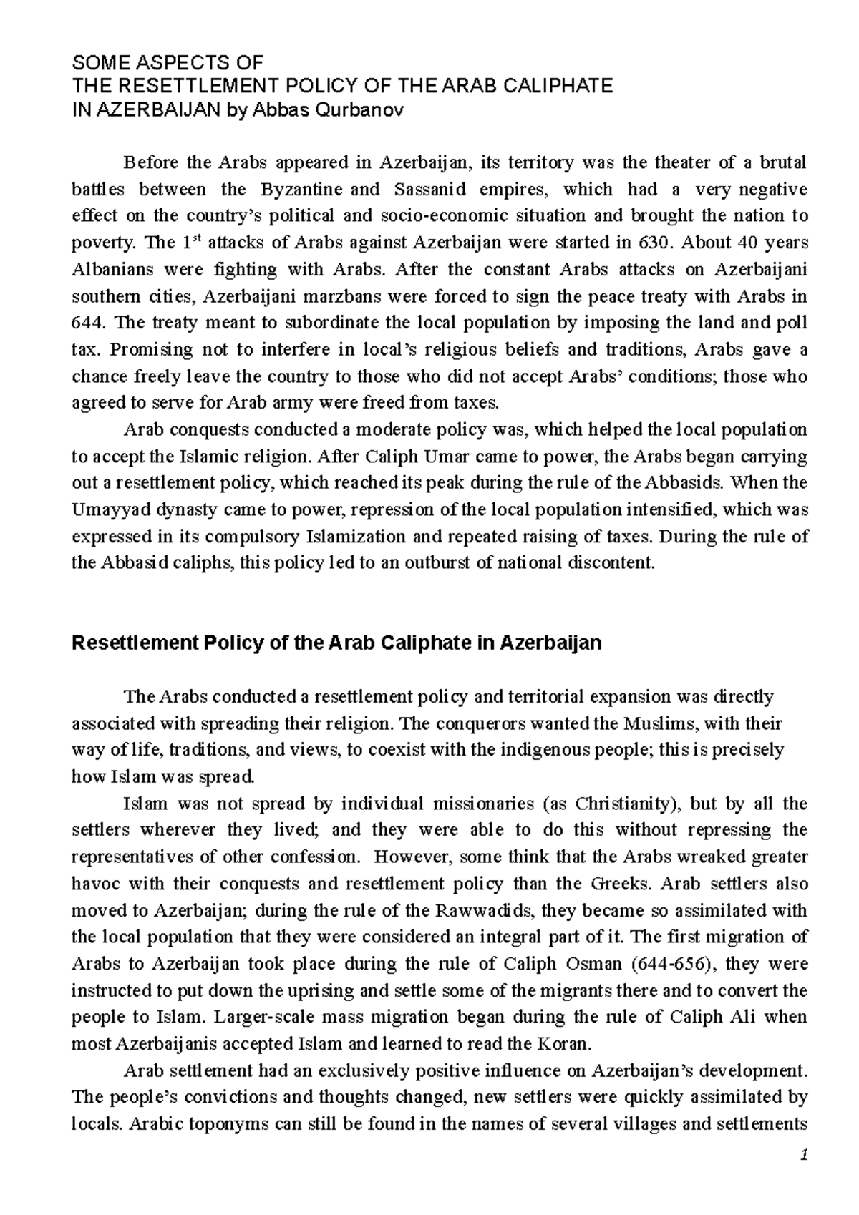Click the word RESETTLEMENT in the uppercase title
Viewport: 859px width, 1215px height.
[x=178, y=87]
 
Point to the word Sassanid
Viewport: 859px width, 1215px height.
[x=429, y=190]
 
